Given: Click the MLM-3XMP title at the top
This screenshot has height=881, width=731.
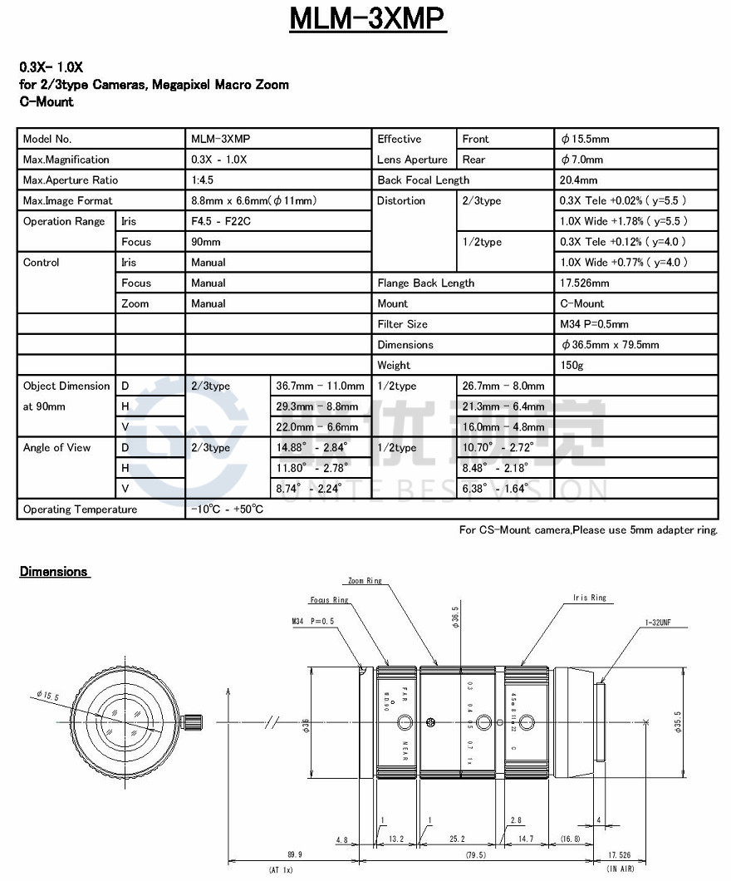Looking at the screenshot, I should point(367,18).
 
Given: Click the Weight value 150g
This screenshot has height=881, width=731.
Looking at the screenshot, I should point(572,366).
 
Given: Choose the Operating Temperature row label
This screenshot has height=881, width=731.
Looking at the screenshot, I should point(80,509).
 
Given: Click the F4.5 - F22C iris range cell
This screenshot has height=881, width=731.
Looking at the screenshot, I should point(220,222).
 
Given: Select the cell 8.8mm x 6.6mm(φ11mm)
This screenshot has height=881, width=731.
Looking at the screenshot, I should point(254,201).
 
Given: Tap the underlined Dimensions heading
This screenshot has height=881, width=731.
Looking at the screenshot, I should point(53,572).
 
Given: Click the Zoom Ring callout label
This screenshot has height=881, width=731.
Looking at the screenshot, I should point(365,581).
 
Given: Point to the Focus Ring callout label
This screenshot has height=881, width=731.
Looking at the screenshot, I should point(330,600).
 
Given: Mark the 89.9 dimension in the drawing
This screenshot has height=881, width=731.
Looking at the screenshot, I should point(294,854).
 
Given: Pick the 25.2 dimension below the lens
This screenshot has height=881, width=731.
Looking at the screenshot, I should point(456,840).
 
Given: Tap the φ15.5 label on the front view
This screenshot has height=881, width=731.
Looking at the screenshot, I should point(47,695).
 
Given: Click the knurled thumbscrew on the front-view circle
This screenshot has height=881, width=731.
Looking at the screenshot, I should point(194,720).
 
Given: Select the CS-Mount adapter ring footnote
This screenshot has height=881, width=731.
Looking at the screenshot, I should point(588,530).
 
